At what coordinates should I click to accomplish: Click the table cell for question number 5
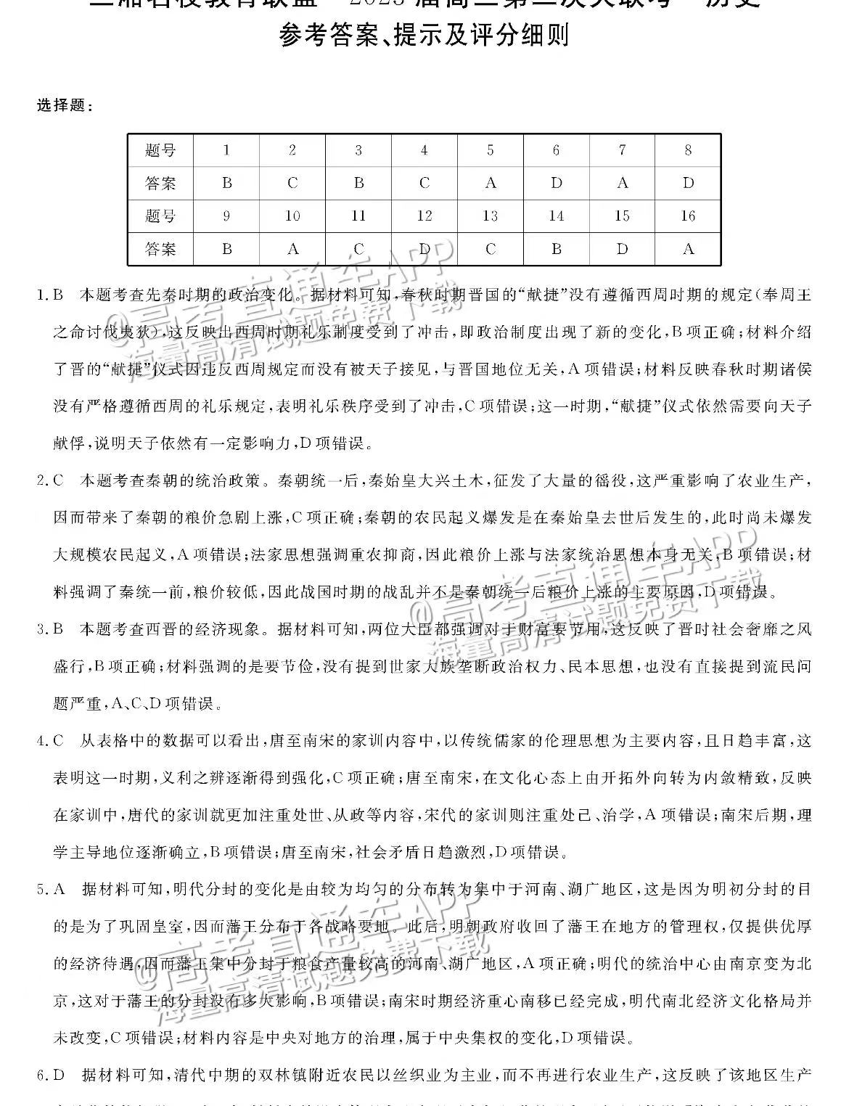pos(491,151)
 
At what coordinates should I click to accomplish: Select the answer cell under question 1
pos(226,184)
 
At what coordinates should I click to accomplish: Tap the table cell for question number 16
pos(688,216)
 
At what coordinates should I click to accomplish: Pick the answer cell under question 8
pos(688,184)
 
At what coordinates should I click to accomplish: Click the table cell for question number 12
pos(424,216)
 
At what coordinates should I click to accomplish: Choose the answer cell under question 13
pos(491,250)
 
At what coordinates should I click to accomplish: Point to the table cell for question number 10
pos(292,216)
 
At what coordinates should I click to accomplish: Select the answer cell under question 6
pos(557,184)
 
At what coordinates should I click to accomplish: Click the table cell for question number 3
pos(358,151)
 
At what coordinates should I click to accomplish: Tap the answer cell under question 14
pos(557,250)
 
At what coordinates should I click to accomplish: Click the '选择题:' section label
pos(65,106)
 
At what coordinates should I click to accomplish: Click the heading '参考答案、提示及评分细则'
pos(424,35)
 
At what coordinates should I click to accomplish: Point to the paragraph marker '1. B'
pos(50,296)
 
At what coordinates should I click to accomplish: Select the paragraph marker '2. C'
pos(50,481)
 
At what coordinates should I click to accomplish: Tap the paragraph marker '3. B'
pos(50,629)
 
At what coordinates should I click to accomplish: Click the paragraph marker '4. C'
pos(50,741)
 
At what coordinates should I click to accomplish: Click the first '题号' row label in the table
pos(160,151)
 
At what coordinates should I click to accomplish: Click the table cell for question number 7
pos(623,151)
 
